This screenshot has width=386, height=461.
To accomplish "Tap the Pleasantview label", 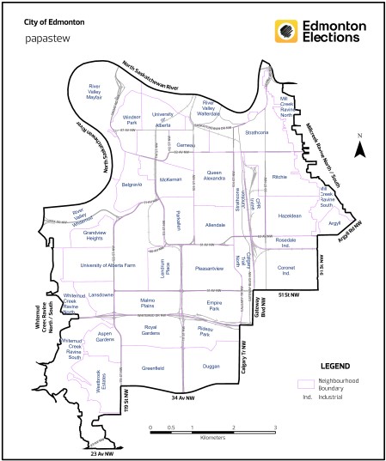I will pos(209,269).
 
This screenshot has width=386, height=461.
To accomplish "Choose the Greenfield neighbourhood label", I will pos(155,367).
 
